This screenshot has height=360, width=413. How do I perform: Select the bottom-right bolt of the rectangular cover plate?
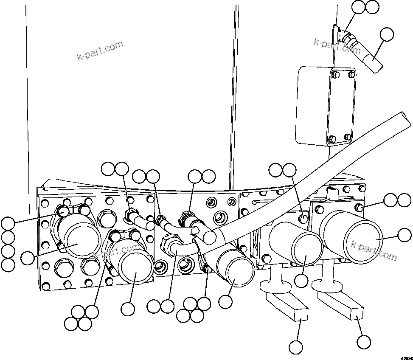348,137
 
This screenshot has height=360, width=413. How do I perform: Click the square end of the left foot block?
301,314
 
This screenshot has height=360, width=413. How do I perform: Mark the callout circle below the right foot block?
364,342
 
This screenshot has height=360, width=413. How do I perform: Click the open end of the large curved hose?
407,118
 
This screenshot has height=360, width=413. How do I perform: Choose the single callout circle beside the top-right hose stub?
387,34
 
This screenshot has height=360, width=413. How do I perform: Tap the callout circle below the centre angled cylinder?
226,301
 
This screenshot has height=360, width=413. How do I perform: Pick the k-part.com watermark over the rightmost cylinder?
374,250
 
